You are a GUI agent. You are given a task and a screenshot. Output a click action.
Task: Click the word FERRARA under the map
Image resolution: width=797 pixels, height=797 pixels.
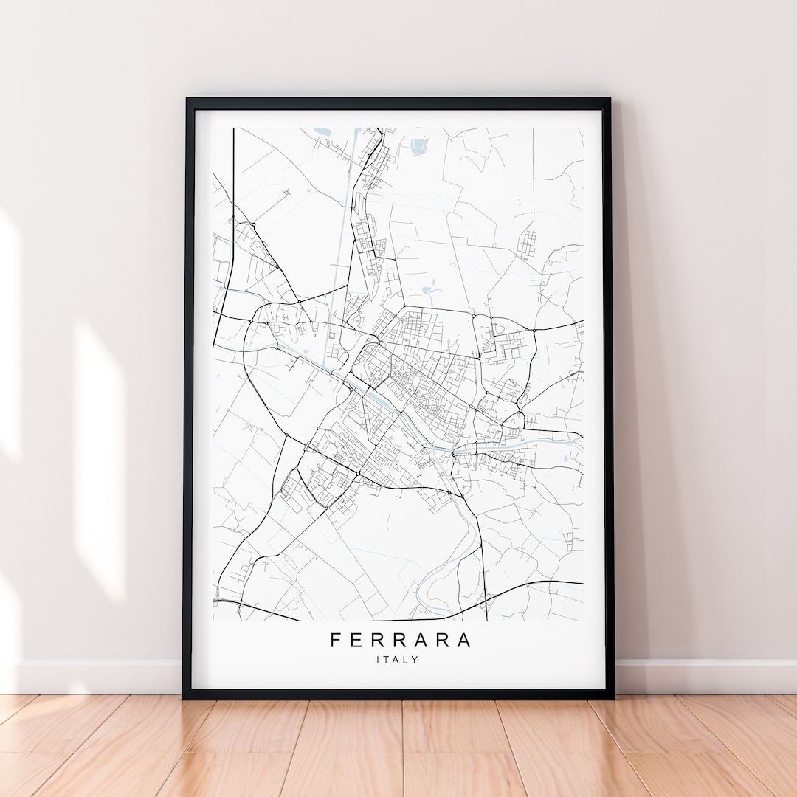point(399,640)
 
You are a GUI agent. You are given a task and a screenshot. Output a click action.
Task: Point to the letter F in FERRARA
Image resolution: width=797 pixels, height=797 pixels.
point(336,640)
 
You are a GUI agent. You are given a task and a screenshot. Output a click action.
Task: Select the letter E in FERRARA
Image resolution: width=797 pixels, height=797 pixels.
point(356,640)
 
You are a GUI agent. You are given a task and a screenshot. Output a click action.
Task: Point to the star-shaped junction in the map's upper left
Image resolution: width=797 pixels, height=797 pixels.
point(286,192)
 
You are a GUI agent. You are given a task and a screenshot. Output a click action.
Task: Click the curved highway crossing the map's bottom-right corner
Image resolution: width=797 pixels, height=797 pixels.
point(531,587)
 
